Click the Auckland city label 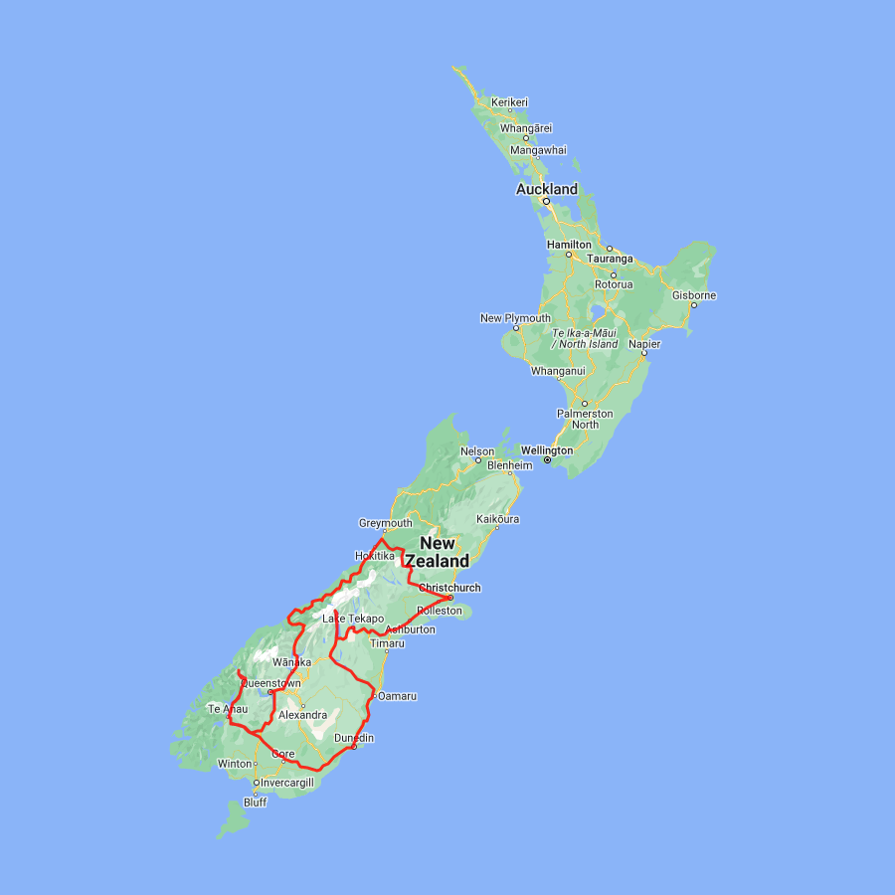click(x=546, y=189)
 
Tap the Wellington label click(x=546, y=450)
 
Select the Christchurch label click(x=449, y=588)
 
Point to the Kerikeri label click(x=509, y=102)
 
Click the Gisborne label click(x=693, y=295)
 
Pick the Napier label click(x=644, y=343)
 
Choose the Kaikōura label click(x=498, y=519)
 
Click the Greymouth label click(x=385, y=523)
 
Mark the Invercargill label click(x=286, y=783)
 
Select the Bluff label click(x=255, y=803)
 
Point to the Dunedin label click(x=354, y=738)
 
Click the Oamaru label click(x=397, y=695)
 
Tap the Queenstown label click(x=270, y=683)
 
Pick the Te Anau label click(x=227, y=709)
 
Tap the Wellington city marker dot click(x=547, y=460)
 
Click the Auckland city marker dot click(x=545, y=201)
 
